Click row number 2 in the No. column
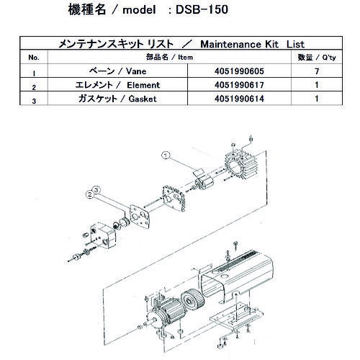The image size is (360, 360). [33, 87]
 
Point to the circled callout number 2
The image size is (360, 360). [89, 193]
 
